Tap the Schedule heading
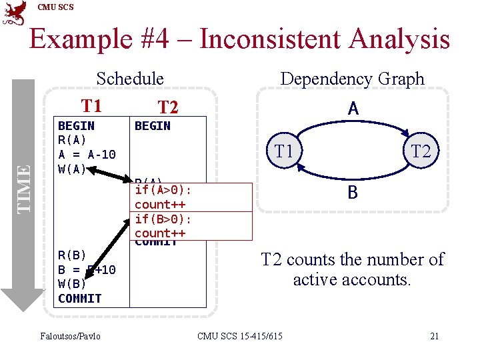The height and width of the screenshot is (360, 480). [x=130, y=79]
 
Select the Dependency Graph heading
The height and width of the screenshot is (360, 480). [x=352, y=79]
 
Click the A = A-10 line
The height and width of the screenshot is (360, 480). [x=87, y=155]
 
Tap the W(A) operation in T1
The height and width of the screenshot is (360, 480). [x=72, y=169]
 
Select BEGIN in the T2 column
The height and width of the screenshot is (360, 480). [x=152, y=126]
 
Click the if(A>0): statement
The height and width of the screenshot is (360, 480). [x=163, y=191]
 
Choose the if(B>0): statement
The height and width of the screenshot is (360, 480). [x=163, y=219]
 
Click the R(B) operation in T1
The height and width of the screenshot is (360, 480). [x=72, y=255]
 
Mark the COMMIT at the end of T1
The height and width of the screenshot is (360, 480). [x=79, y=299]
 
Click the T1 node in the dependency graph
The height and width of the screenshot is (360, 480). [x=285, y=151]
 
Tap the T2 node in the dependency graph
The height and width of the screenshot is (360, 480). [x=421, y=151]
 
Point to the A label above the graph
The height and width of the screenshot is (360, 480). [x=353, y=109]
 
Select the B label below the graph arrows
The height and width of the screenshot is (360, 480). [x=353, y=193]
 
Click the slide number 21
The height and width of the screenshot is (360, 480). [x=434, y=336]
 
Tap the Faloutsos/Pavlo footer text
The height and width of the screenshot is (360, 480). [x=71, y=336]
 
